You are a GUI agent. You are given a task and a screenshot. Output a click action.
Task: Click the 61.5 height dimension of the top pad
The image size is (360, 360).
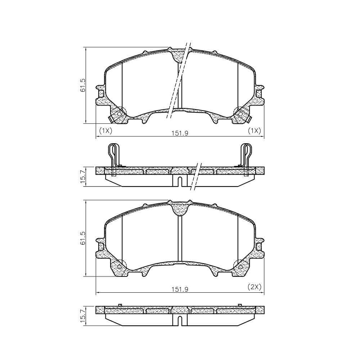(x=82, y=85)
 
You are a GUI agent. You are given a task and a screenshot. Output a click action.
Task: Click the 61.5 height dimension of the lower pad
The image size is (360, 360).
(x=82, y=238)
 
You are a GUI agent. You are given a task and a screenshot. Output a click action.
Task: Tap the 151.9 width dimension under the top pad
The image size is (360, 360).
(x=180, y=133)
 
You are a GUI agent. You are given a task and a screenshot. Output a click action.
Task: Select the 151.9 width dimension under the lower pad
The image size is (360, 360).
(x=180, y=289)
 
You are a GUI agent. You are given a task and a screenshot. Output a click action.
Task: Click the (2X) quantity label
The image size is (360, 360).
(x=255, y=287)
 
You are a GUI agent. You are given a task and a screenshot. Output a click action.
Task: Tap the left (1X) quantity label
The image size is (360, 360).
(x=105, y=131)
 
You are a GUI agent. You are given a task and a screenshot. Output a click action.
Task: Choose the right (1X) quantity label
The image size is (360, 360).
(x=255, y=131)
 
